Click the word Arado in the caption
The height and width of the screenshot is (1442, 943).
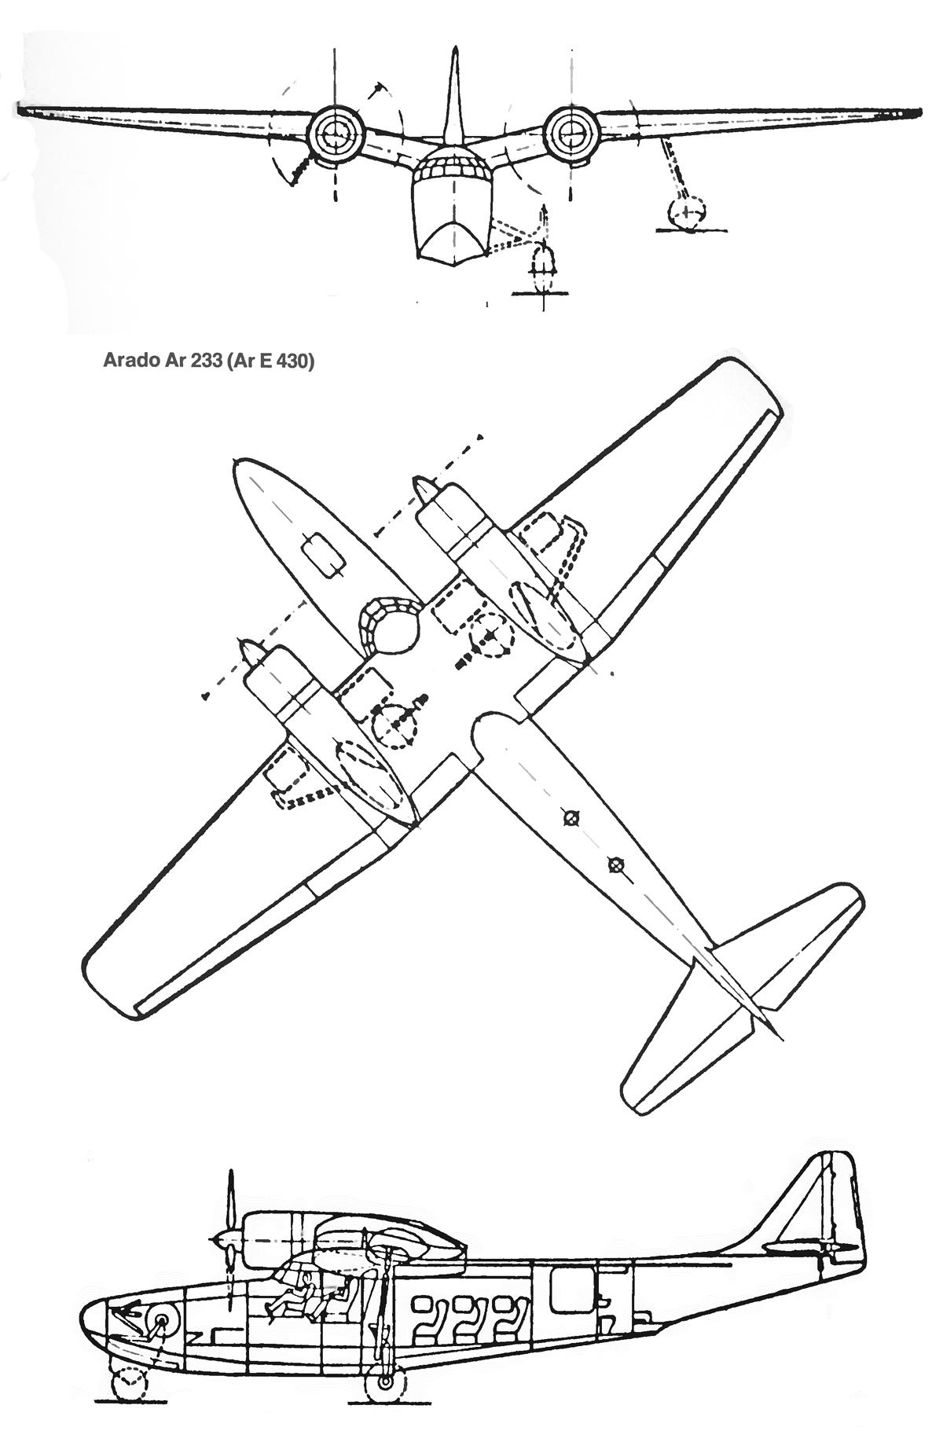click(x=127, y=362)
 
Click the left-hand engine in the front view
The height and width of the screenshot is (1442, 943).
click(x=336, y=132)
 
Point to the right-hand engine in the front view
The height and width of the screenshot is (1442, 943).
click(x=571, y=130)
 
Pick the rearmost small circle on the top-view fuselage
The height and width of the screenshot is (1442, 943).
click(x=615, y=865)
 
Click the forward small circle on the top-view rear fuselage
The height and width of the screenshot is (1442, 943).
click(x=571, y=820)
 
